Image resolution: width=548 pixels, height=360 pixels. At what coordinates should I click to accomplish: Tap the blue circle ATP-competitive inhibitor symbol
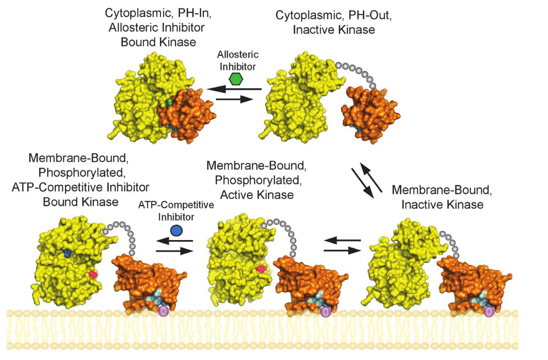pos(176,229)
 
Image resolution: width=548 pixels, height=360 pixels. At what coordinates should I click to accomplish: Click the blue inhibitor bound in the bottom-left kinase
pos(68,253)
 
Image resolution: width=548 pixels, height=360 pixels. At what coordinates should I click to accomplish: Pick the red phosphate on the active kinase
pos(261,269)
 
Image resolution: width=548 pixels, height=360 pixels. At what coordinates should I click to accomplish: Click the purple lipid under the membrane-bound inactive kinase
pos(488,312)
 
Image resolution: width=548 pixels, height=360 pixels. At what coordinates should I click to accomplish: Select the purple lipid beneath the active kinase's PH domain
pos(326,312)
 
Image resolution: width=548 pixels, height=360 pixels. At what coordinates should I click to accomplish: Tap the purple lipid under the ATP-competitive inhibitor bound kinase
pos(163,311)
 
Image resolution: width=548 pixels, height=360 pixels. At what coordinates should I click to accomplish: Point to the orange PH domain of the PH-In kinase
pos(185,111)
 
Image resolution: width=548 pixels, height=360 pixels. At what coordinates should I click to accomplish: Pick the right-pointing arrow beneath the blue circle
pos(174,251)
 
